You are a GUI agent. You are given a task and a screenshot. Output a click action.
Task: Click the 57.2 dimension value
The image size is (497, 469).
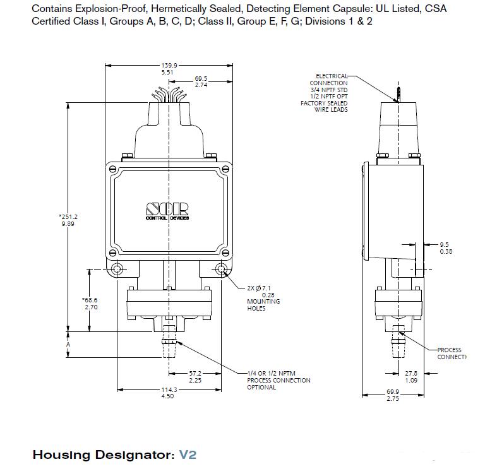[196, 374]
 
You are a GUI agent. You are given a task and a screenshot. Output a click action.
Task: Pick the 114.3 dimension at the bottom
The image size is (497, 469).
[168, 389]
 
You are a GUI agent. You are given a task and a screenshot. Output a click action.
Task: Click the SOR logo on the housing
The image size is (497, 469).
[167, 208]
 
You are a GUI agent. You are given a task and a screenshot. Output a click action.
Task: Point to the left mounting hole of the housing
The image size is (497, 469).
[117, 270]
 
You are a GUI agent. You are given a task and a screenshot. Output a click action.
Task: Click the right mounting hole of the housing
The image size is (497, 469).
[222, 270]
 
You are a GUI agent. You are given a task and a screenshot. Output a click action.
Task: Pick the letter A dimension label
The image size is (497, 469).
[68, 345]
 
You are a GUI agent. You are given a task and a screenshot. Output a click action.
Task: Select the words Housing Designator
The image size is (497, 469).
[101, 454]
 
